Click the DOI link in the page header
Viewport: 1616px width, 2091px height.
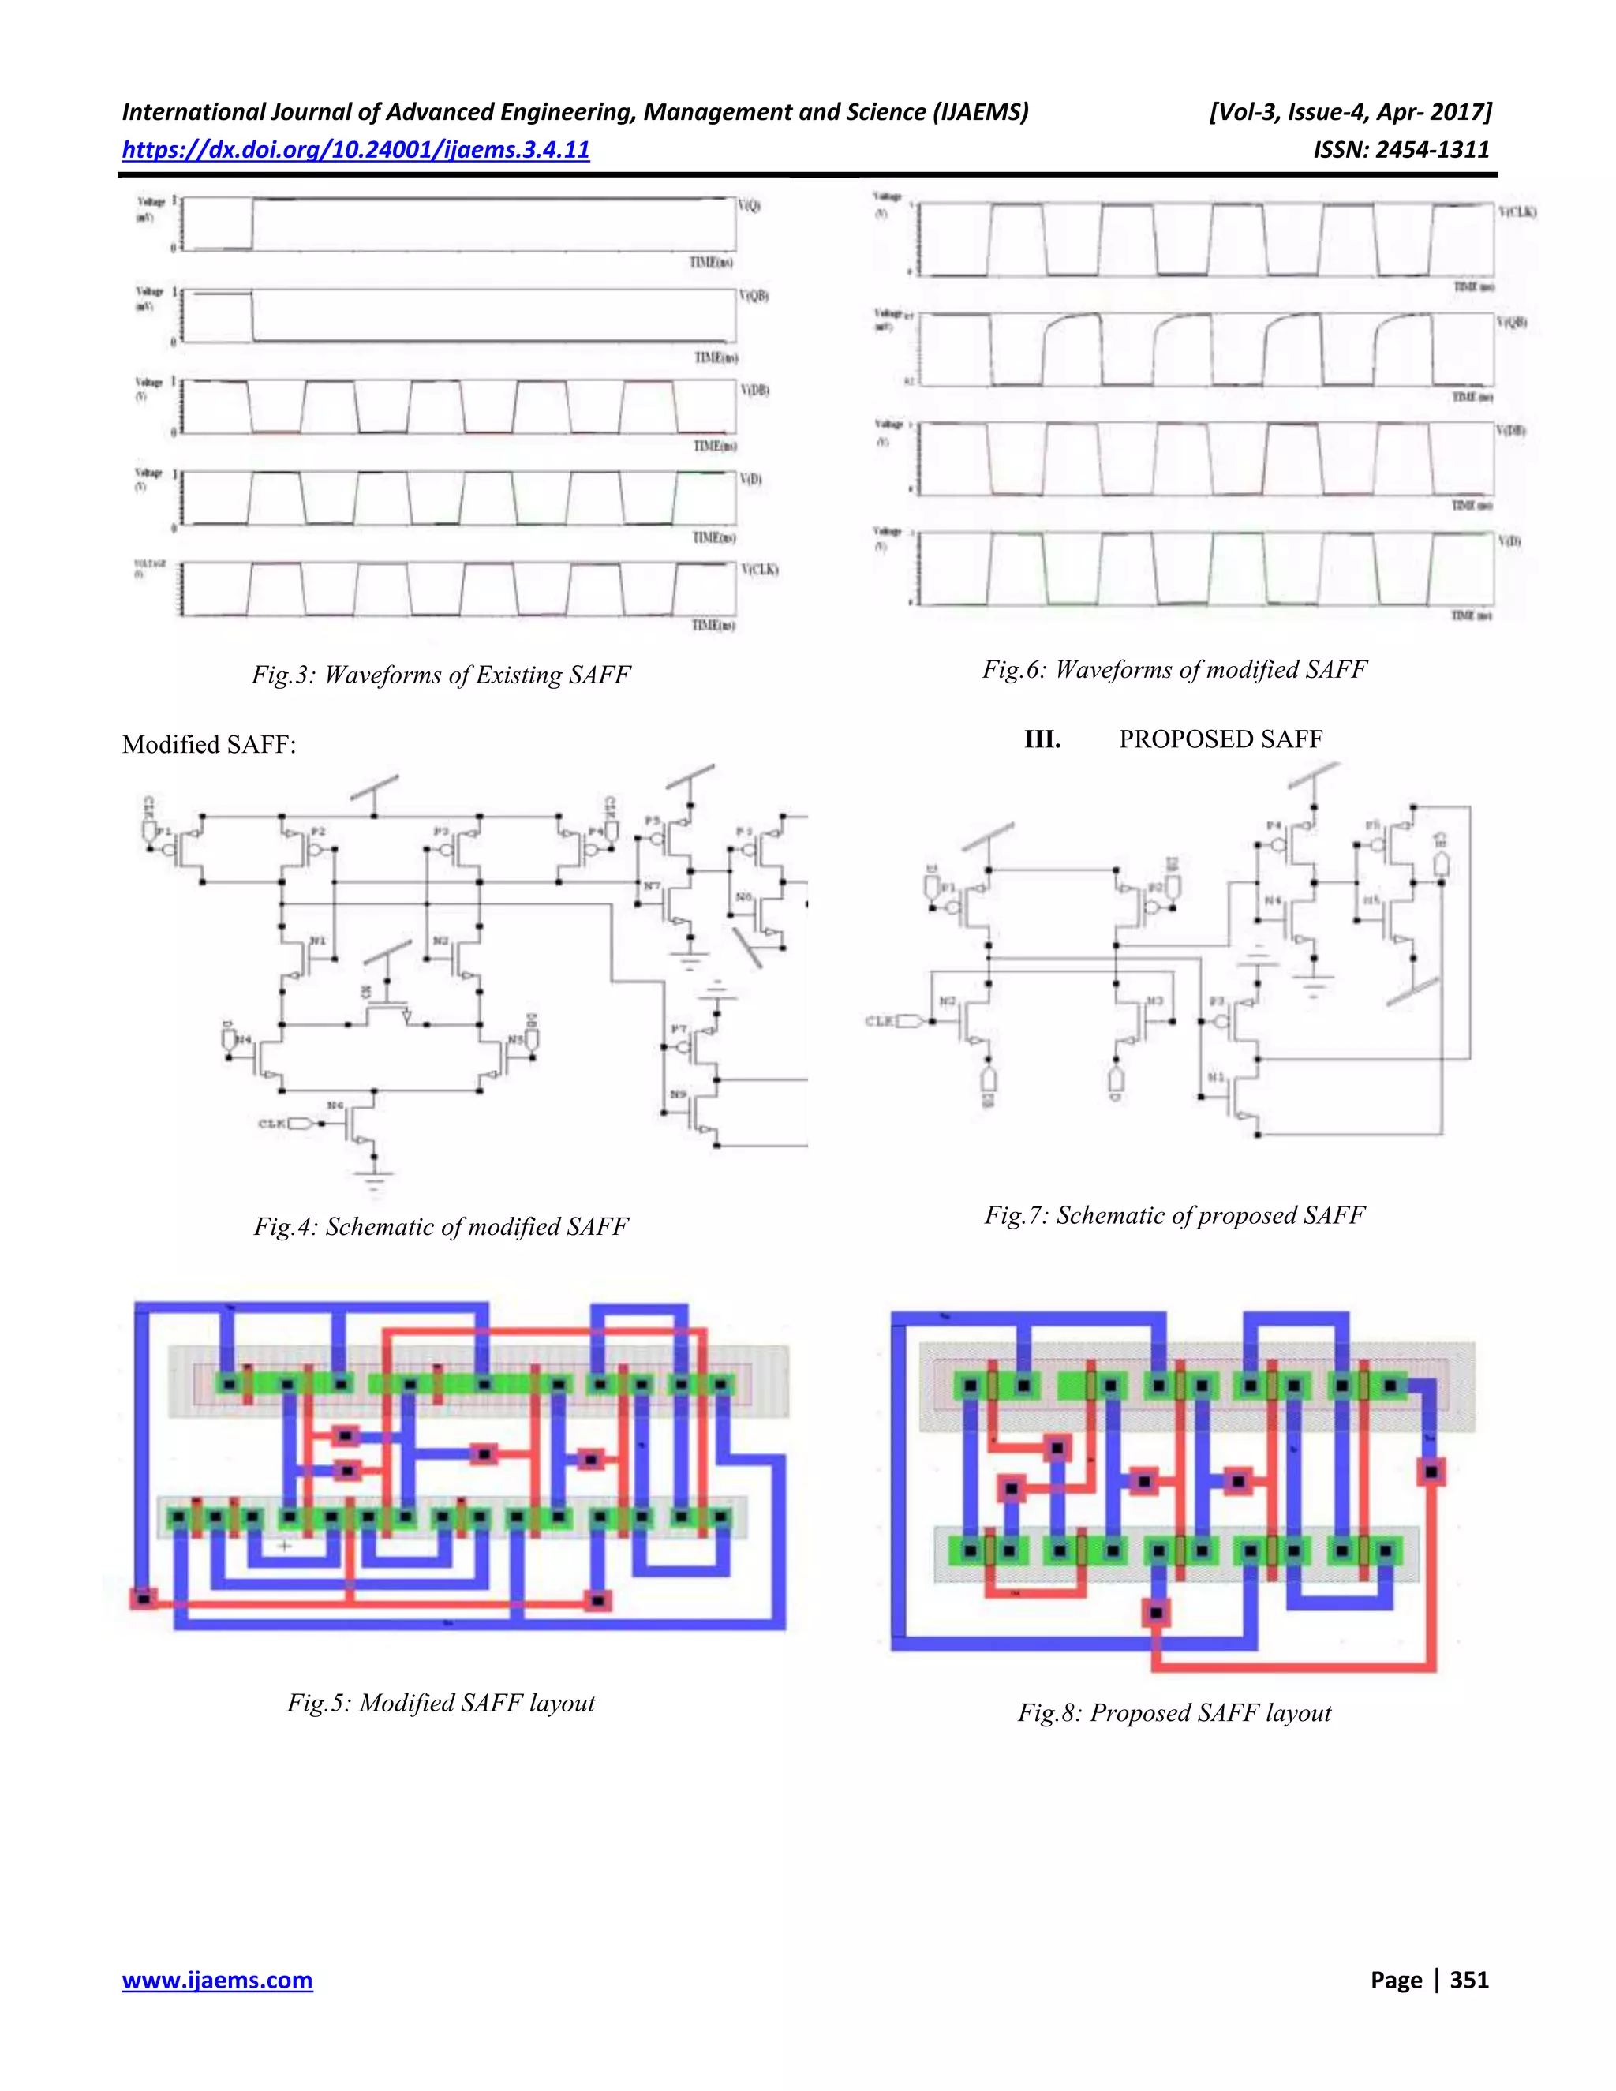click(x=355, y=149)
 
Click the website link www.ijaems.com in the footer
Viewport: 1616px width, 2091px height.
click(x=217, y=1980)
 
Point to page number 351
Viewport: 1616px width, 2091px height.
click(x=1469, y=1980)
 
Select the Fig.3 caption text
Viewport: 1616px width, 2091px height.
click(x=441, y=675)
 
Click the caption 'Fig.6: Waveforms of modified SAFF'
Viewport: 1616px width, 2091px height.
click(x=1175, y=669)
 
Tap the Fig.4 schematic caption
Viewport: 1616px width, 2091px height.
click(x=441, y=1226)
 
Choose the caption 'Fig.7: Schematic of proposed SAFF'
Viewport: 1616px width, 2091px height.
click(x=1175, y=1215)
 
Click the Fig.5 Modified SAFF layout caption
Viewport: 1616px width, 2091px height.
click(x=441, y=1702)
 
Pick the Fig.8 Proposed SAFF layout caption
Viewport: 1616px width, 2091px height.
click(x=1175, y=1712)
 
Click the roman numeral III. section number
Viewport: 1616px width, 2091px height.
click(x=1042, y=739)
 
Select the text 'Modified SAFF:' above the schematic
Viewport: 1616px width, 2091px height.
click(x=208, y=745)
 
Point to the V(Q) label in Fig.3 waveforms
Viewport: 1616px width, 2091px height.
click(x=750, y=206)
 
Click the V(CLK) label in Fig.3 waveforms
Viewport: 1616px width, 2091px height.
click(x=759, y=570)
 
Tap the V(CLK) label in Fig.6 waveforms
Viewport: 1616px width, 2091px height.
click(x=1517, y=211)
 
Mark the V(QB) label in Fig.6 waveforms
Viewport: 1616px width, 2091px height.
click(x=1512, y=323)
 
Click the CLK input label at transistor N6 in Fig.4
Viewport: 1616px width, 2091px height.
click(x=273, y=1123)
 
